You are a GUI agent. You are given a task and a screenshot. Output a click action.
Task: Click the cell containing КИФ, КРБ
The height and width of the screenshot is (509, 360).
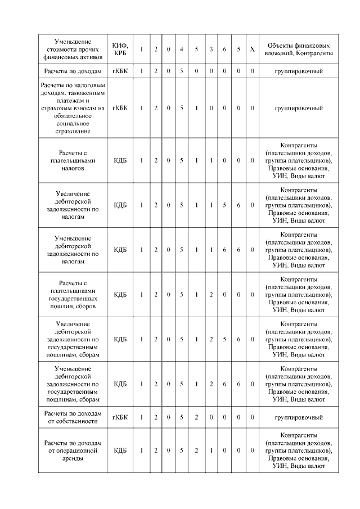(120, 49)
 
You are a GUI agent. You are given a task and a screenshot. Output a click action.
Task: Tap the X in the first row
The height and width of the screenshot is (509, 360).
(253, 49)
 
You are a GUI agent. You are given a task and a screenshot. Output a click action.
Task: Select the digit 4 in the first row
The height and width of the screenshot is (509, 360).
(181, 49)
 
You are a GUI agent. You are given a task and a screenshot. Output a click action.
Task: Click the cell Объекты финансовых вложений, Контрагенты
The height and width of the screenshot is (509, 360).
(298, 49)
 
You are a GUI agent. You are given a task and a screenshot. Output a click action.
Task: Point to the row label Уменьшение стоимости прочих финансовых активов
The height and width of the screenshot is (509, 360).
(74, 49)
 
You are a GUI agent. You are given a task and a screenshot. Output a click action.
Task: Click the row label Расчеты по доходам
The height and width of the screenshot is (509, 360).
(74, 71)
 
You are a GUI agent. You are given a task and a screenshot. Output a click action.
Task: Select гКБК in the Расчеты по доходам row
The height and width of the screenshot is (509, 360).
(120, 71)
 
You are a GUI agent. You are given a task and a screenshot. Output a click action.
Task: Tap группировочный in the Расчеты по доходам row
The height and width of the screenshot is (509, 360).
(298, 71)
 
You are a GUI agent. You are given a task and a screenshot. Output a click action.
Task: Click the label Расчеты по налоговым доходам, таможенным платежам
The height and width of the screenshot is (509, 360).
(74, 107)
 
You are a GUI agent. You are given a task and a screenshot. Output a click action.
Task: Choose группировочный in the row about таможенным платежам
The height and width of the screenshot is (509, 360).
(298, 107)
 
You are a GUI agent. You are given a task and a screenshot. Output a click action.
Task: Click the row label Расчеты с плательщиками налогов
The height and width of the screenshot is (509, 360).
(74, 160)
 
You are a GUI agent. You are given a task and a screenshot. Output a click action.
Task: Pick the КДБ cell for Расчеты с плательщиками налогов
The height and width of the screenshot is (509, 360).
(120, 160)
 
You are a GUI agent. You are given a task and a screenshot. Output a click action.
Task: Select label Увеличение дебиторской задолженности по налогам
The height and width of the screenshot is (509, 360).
(74, 205)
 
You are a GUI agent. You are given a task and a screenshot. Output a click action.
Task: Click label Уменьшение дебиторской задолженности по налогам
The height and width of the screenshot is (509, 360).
(74, 250)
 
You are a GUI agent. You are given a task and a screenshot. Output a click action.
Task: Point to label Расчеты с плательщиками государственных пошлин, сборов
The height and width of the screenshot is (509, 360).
(74, 295)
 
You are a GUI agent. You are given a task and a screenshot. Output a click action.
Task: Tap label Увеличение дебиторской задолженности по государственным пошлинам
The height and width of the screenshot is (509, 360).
(74, 339)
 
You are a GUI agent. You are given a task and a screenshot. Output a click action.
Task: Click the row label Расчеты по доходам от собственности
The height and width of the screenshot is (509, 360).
(74, 418)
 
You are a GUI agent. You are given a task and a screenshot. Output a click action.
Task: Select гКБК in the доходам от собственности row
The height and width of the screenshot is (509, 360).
(120, 418)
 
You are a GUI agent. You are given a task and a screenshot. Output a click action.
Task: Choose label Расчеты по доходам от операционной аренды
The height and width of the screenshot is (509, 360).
(74, 451)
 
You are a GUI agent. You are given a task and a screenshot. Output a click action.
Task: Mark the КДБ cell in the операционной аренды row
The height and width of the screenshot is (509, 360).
(120, 451)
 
